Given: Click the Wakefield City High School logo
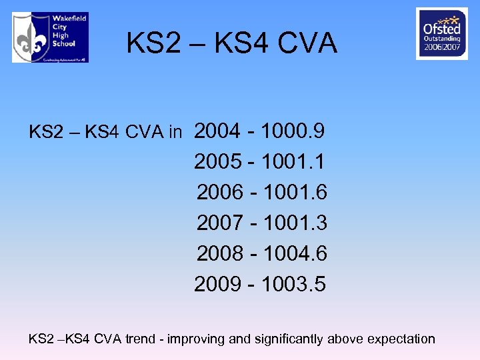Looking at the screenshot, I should coord(50,37).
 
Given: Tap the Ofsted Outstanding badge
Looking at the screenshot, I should coord(441,33).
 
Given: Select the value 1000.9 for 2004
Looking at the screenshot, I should coord(294,131).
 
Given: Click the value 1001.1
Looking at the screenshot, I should coord(294,161).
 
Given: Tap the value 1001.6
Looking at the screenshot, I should coord(295,192).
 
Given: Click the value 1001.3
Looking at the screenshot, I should coord(295,223).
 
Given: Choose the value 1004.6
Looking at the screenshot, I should coord(295,253).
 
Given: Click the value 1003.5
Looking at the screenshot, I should coord(294,285).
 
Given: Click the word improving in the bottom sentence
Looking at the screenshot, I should coord(196,339).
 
